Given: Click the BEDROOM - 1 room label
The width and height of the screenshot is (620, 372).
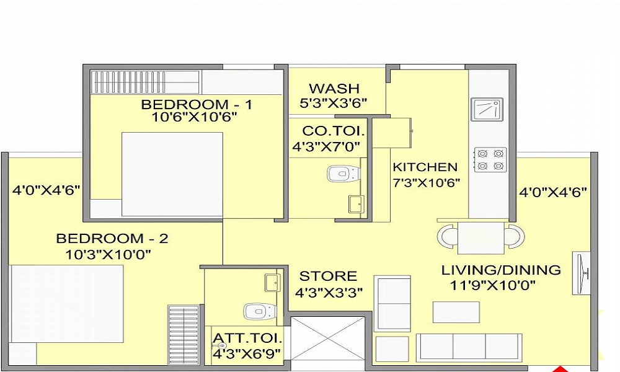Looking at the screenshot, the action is click(x=197, y=104).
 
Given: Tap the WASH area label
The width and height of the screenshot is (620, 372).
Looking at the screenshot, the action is click(x=334, y=88).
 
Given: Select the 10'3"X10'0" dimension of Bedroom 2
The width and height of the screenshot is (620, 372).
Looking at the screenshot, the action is click(x=108, y=254).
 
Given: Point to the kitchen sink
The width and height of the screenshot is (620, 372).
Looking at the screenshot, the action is click(x=487, y=109).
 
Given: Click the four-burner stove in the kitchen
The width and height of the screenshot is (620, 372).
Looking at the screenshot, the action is click(x=490, y=159).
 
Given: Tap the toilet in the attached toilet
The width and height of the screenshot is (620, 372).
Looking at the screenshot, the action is click(x=259, y=311).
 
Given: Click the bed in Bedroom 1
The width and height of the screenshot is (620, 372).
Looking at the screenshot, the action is click(x=172, y=174).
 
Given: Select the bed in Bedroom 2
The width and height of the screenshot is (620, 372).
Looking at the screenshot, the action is click(x=67, y=303).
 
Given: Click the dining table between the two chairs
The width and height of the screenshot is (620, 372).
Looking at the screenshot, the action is click(x=481, y=237).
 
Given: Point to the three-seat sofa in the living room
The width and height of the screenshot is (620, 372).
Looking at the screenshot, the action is click(x=469, y=347).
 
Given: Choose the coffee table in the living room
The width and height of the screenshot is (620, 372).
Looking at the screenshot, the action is click(x=456, y=312).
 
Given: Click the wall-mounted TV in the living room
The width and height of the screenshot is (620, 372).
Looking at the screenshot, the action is click(x=582, y=273).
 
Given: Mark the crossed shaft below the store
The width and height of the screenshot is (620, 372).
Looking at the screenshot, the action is click(x=327, y=339).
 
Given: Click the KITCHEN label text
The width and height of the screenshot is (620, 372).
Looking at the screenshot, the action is click(x=425, y=167).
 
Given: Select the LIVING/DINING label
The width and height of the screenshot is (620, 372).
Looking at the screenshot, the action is click(x=501, y=270).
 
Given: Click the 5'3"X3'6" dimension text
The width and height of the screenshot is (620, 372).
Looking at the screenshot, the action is click(x=334, y=103).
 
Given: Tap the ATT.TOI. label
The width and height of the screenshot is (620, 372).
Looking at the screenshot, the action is click(x=247, y=339).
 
